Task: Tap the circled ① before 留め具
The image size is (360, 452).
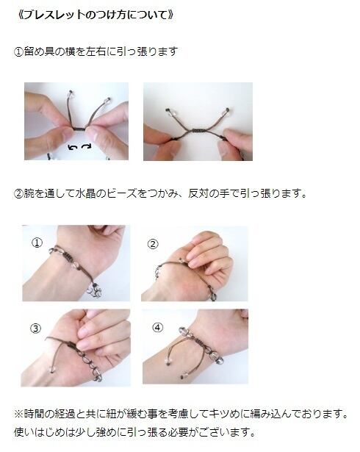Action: (x=19, y=52)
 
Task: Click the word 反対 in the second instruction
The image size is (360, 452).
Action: (x=198, y=193)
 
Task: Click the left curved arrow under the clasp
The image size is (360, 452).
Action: (x=72, y=147)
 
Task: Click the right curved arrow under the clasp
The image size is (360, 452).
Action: (x=86, y=147)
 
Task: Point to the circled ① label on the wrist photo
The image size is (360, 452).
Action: (x=37, y=243)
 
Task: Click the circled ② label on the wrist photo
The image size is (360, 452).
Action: (x=153, y=244)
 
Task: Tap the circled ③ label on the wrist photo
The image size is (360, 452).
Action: (x=36, y=329)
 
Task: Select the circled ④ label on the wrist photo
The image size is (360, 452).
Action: (x=157, y=328)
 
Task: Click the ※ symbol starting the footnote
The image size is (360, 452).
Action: (x=19, y=415)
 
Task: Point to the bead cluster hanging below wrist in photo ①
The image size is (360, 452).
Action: (x=96, y=292)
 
